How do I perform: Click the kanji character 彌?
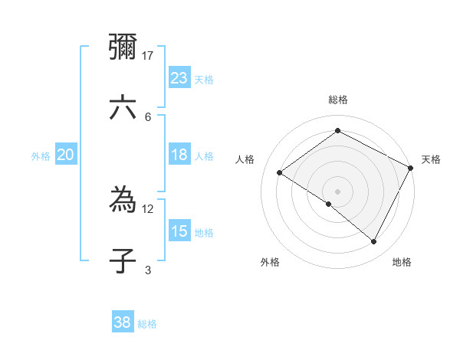coord(123,47)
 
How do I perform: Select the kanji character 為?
coord(123,201)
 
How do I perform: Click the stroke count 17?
coord(148,55)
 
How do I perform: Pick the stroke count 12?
coord(148,208)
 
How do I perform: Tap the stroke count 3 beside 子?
coord(148,269)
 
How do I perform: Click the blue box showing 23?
coord(179,77)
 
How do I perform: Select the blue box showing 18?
coord(179,155)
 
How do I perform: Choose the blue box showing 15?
coord(179,231)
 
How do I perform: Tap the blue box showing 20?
coord(65,155)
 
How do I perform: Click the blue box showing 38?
coord(122,322)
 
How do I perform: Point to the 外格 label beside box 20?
coord(41,156)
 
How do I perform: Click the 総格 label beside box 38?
coord(147,324)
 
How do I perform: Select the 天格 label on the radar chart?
coord(431,159)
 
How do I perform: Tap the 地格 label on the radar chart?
coord(402,262)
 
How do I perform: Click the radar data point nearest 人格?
coord(280,172)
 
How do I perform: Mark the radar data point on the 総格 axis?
coord(337,131)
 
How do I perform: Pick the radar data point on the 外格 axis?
coord(329,204)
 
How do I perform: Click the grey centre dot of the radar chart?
coord(337,191)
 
